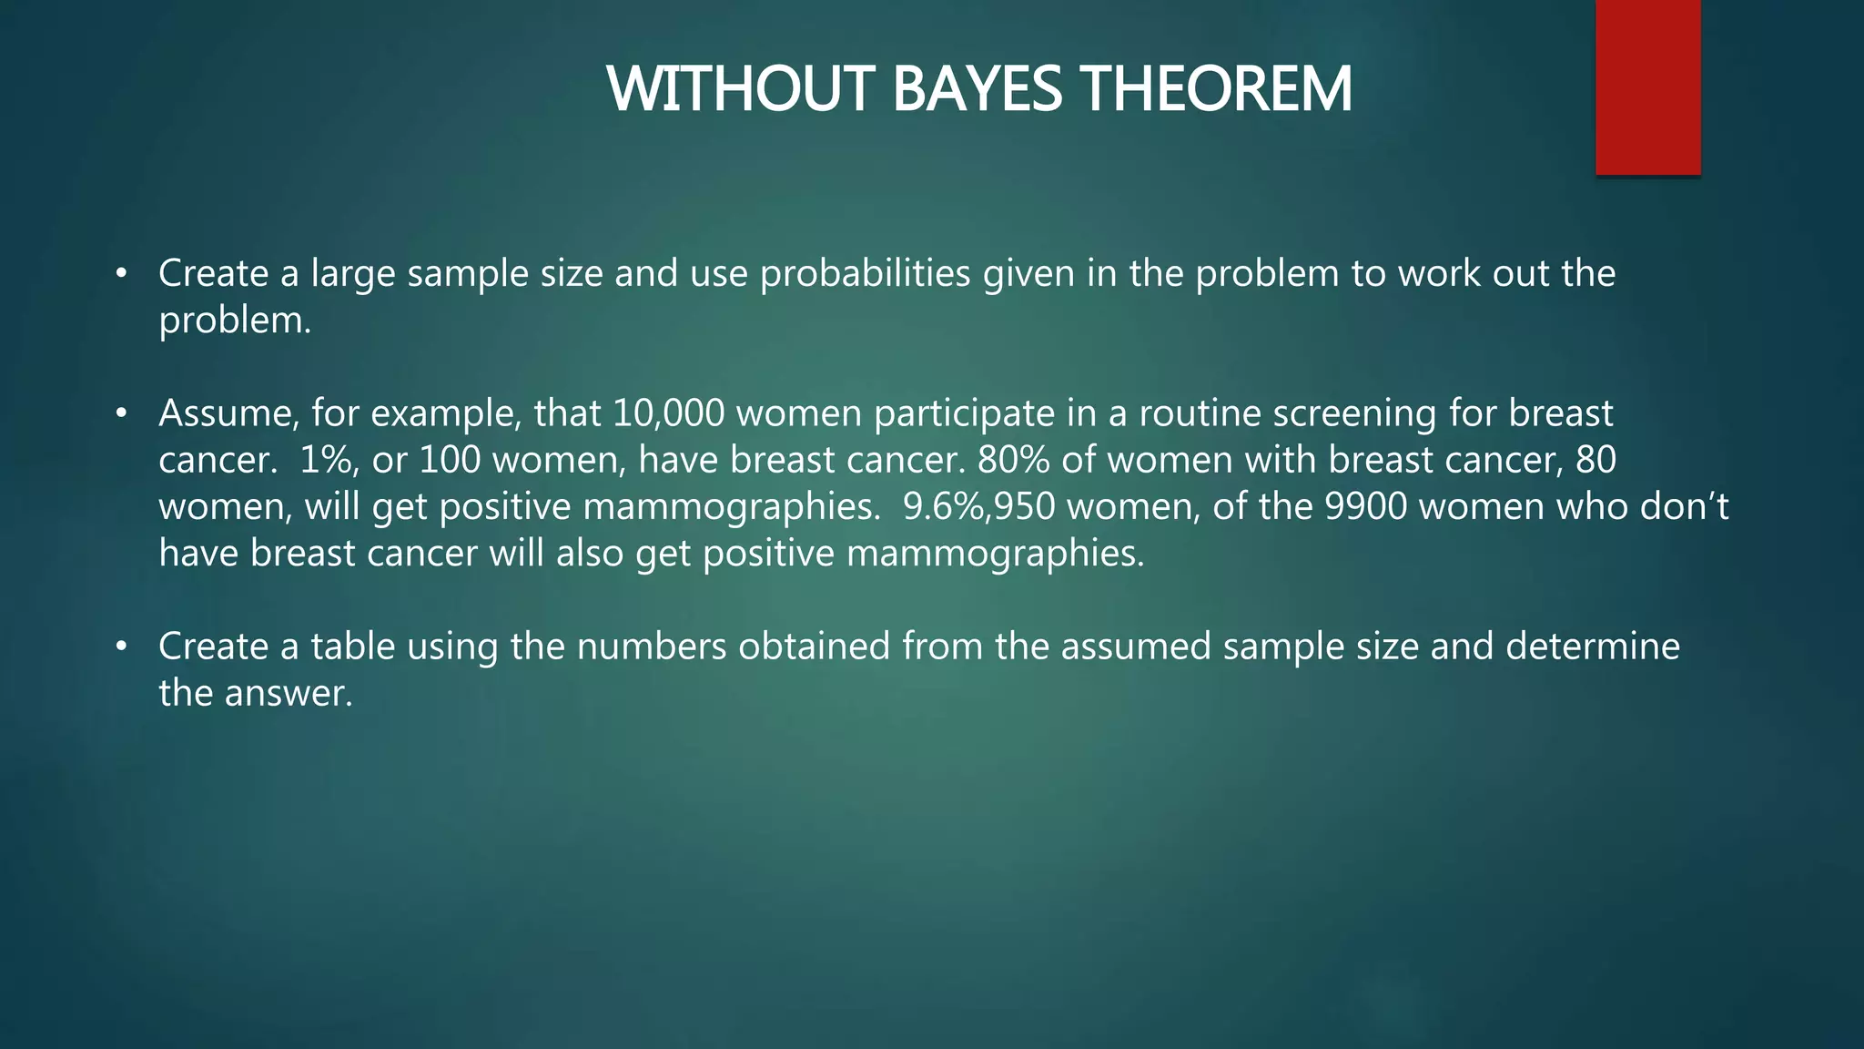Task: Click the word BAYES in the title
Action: (x=976, y=90)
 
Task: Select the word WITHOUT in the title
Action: (x=742, y=90)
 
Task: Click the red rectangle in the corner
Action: (x=1647, y=87)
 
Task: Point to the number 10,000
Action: (x=668, y=413)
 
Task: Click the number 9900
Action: (x=1365, y=506)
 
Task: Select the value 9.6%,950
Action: (x=978, y=506)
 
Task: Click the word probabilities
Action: (x=865, y=274)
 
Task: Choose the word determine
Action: (x=1592, y=647)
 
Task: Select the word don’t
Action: (x=1684, y=506)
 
